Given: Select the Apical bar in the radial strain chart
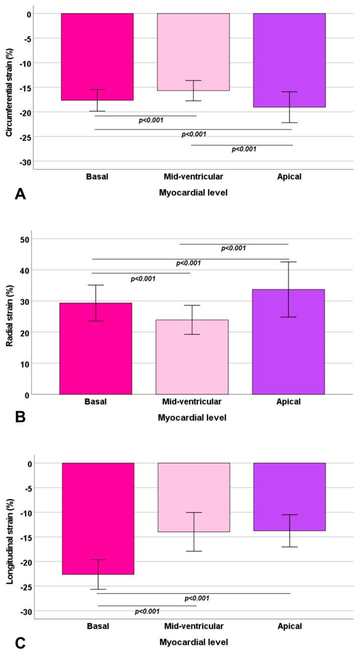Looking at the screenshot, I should (288, 342).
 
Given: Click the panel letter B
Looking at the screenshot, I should (20, 416).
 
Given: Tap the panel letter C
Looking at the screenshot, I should (20, 641).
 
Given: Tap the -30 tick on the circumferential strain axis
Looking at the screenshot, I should (22, 161).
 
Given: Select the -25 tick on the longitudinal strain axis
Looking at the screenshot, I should (22, 587).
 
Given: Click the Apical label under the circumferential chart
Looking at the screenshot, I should (289, 177).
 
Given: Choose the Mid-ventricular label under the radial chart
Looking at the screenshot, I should (193, 402).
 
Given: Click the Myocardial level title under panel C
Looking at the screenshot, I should (193, 642).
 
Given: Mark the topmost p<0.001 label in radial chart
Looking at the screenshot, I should (233, 248).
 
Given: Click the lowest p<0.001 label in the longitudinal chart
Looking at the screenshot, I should (148, 611).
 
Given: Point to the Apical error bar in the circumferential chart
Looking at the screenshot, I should (289, 107).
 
